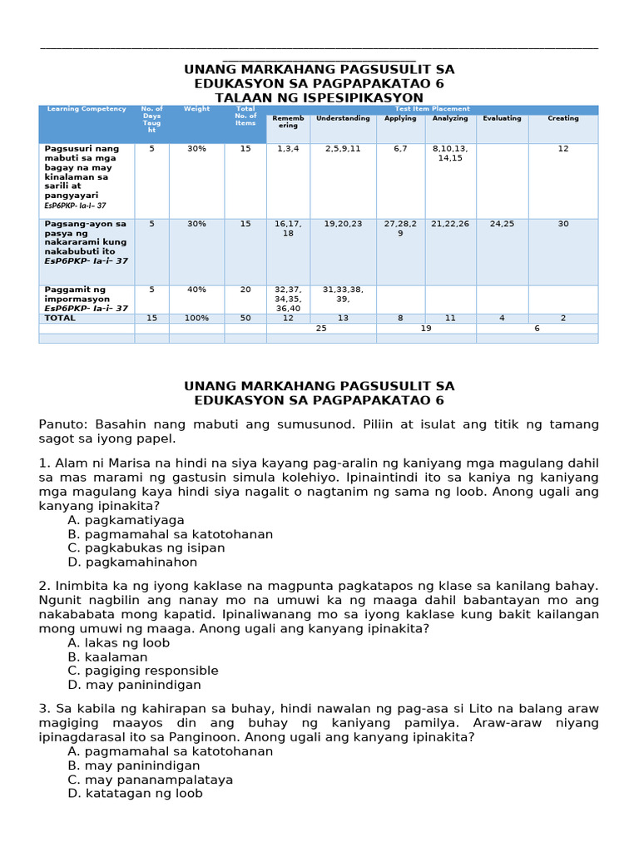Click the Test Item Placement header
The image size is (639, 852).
pos(432,109)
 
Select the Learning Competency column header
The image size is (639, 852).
pos(87,109)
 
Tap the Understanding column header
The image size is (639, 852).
pos(343,119)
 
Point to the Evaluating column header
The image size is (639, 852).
pos(502,119)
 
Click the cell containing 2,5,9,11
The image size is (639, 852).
pos(343,149)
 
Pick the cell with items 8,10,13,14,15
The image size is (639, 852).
pos(450,153)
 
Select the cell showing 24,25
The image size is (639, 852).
pos(502,224)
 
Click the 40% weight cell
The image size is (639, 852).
pos(196,290)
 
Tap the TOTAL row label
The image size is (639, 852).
pos(60,318)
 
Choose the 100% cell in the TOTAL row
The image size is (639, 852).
pos(196,318)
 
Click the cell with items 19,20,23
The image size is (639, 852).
pos(343,224)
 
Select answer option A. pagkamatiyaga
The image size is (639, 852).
pos(126,520)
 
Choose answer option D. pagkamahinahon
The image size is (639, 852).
pos(133,562)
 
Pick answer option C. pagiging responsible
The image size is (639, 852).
pos(143,671)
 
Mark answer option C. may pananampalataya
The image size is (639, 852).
pos(151,780)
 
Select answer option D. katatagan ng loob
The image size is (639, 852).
pos(136,794)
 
